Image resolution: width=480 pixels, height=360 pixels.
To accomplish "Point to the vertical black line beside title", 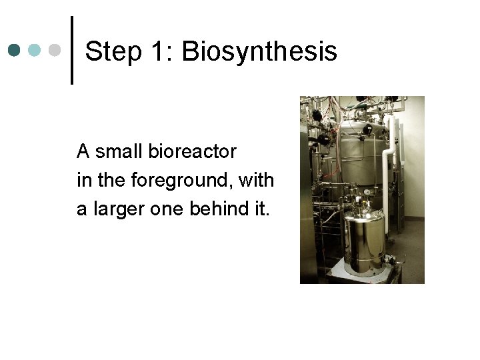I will pos(72,50).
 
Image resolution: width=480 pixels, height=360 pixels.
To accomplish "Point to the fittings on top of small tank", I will pos(363,200).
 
